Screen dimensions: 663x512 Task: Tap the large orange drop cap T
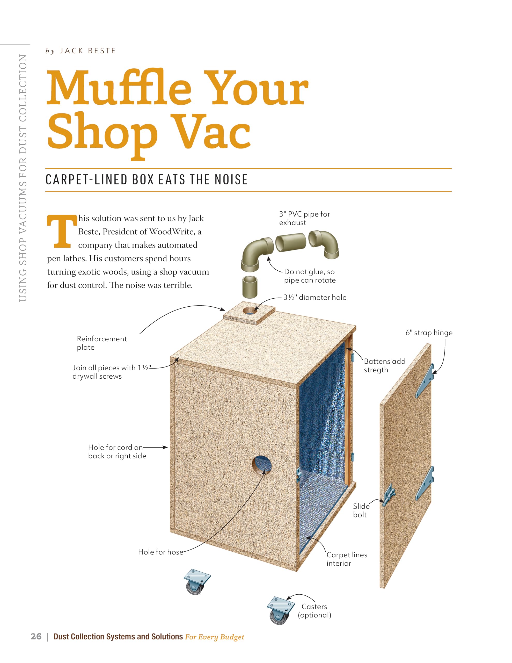(62, 231)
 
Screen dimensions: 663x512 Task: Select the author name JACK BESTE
(87, 51)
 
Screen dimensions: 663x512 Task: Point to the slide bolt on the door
(389, 495)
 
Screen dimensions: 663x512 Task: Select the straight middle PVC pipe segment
(291, 242)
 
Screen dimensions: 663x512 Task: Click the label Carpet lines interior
(347, 559)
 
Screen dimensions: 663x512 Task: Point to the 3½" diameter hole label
(315, 298)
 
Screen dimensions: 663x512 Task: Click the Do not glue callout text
(310, 276)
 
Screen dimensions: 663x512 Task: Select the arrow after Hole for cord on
(155, 447)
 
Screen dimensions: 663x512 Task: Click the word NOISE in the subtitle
(231, 180)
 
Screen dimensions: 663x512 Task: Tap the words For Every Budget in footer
(214, 637)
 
